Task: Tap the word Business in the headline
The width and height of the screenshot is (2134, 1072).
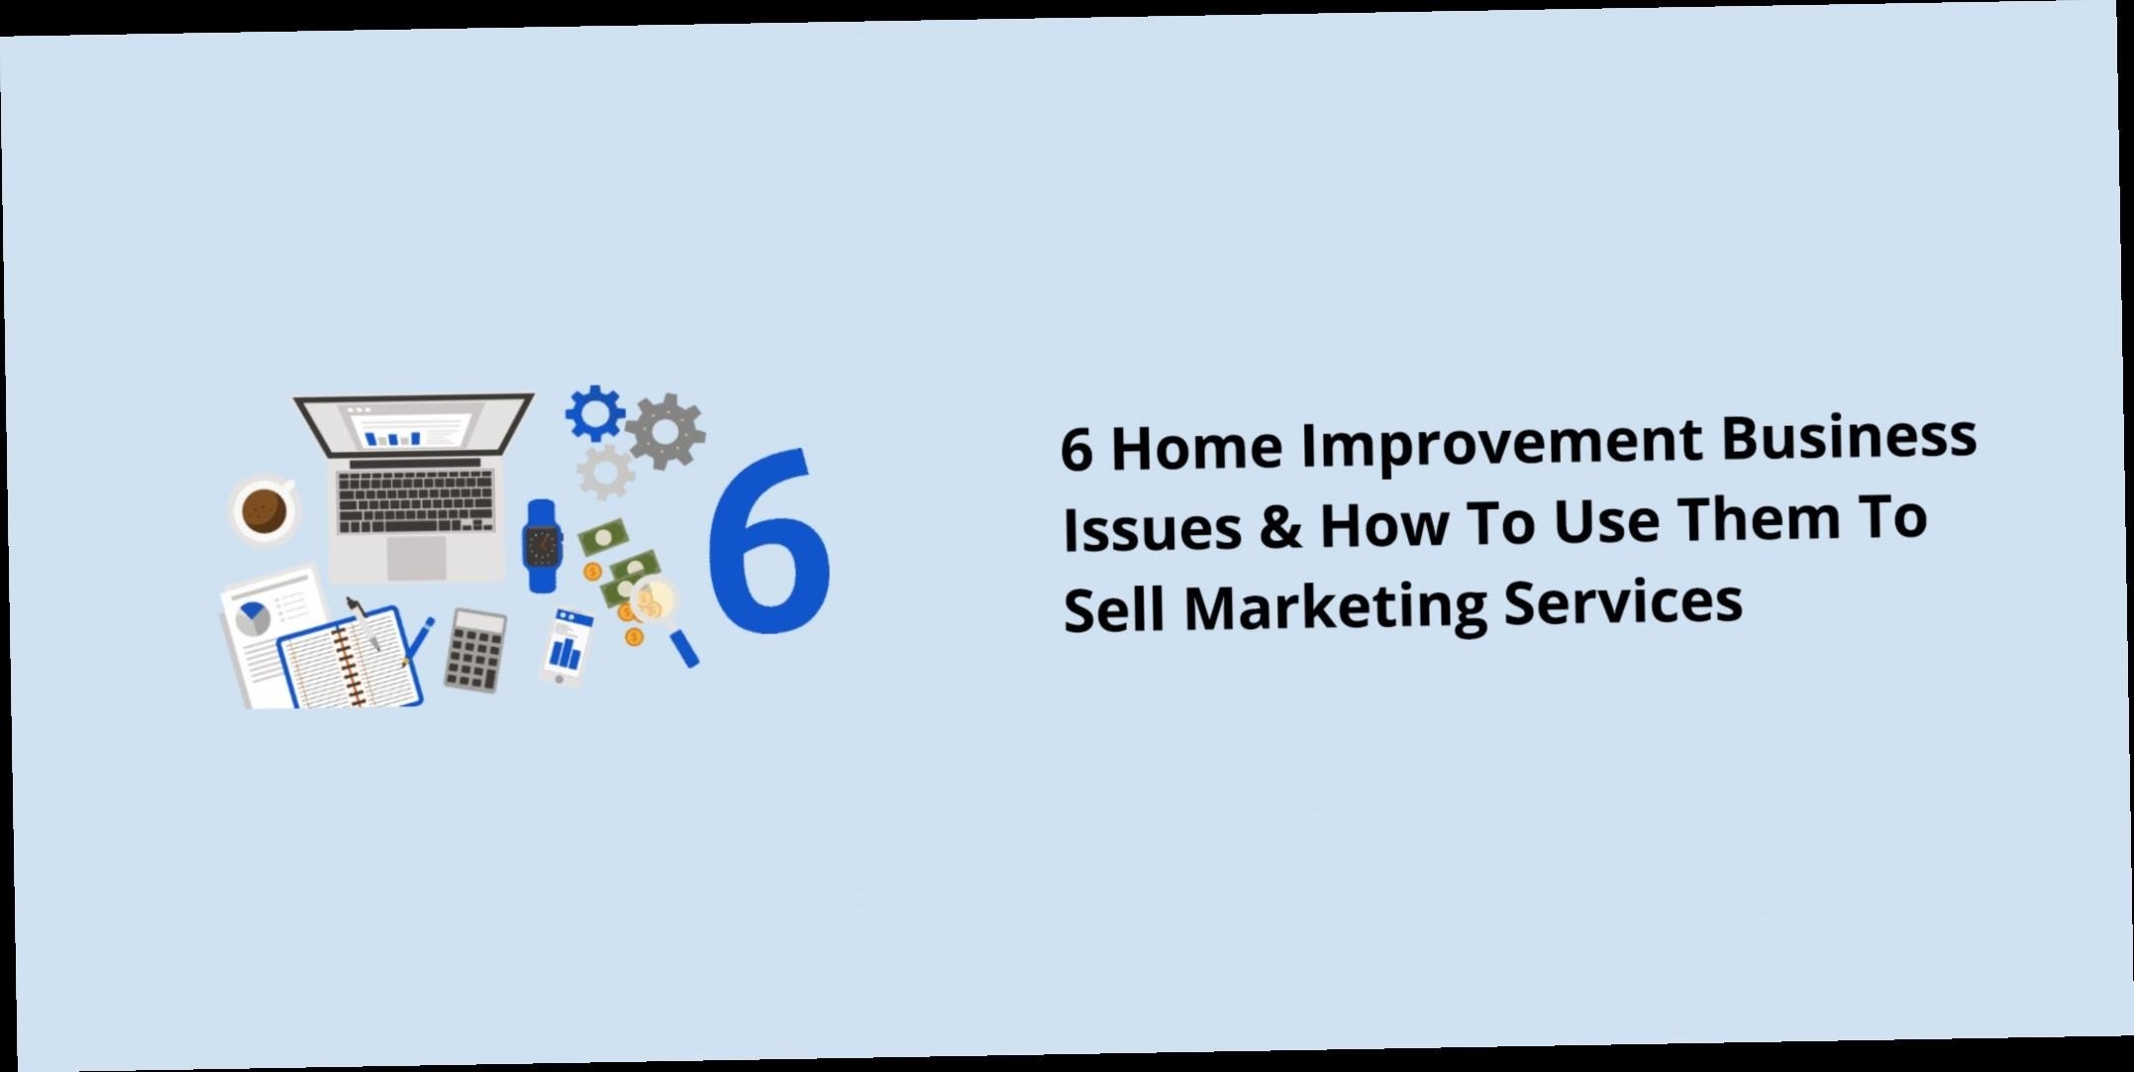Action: pyautogui.click(x=1849, y=437)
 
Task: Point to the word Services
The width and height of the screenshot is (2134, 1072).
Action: pyautogui.click(x=1623, y=599)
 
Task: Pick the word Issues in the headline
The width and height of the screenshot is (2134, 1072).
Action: pyautogui.click(x=1152, y=527)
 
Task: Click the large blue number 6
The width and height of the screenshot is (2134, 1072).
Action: pyautogui.click(x=769, y=540)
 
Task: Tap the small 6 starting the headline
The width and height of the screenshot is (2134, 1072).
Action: pyautogui.click(x=1076, y=450)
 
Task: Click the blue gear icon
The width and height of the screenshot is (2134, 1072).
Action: pyautogui.click(x=595, y=414)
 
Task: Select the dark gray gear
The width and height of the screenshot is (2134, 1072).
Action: pyautogui.click(x=665, y=431)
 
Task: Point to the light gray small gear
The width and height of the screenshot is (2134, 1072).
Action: pyautogui.click(x=605, y=472)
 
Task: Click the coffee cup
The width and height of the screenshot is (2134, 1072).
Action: pyautogui.click(x=263, y=509)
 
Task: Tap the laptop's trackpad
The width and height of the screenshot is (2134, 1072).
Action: pyautogui.click(x=416, y=559)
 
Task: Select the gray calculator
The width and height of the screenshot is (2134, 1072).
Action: pyautogui.click(x=474, y=650)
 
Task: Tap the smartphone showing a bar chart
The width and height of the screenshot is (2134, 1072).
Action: pyautogui.click(x=565, y=646)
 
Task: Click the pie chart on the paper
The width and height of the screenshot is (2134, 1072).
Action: pyautogui.click(x=254, y=619)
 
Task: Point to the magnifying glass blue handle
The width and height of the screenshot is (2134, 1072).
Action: pyautogui.click(x=683, y=648)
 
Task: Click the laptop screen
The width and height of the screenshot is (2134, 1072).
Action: pyautogui.click(x=413, y=430)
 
